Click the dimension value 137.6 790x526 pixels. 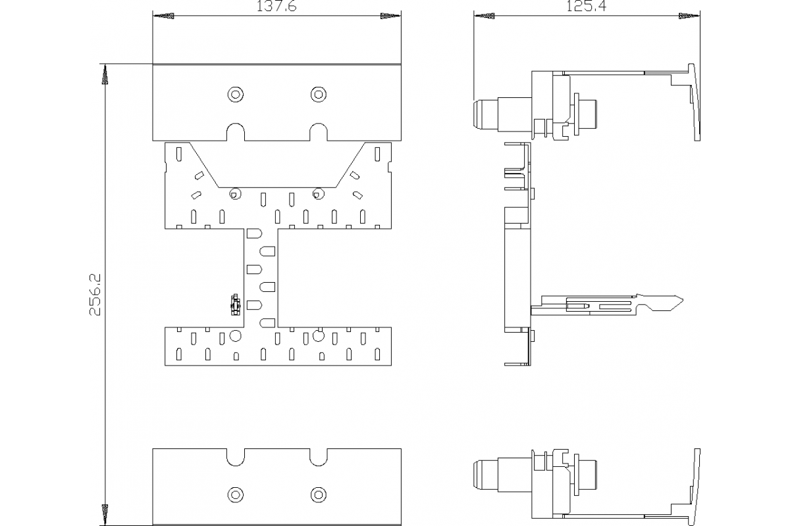(x=276, y=7)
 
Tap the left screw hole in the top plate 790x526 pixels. (x=235, y=94)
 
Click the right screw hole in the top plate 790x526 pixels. (x=319, y=94)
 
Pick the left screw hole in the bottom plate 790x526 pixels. (x=235, y=493)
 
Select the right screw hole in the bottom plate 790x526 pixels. (x=319, y=493)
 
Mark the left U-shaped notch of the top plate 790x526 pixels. (x=236, y=131)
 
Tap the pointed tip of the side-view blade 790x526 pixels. (x=682, y=301)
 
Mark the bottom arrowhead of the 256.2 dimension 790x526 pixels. (x=105, y=514)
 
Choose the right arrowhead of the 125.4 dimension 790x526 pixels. (x=691, y=14)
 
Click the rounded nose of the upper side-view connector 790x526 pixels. (x=477, y=114)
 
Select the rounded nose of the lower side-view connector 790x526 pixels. (x=477, y=475)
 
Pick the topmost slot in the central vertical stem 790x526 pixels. (x=253, y=233)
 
